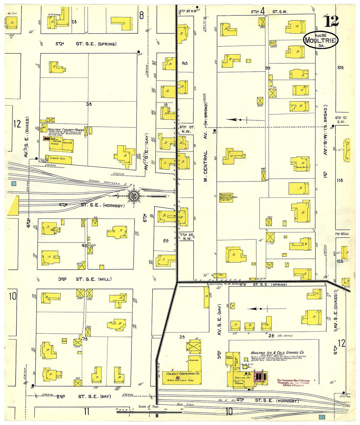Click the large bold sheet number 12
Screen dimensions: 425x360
click(331, 22)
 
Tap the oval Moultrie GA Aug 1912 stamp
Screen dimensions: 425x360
click(320, 40)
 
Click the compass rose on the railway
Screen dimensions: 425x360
click(133, 196)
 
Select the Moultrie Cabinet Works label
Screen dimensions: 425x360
click(66, 130)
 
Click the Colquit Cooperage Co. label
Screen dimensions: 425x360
click(183, 373)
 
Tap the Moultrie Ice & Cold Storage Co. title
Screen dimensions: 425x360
click(277, 353)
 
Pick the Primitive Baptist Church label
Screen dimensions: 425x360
click(228, 197)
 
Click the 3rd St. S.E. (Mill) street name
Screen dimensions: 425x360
click(85, 279)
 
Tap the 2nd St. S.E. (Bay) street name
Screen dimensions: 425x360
click(83, 396)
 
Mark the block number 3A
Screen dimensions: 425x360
click(89, 104)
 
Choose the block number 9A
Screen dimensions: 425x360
click(268, 68)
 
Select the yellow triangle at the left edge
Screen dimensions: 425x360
click(14, 206)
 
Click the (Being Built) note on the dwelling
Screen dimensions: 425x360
click(302, 168)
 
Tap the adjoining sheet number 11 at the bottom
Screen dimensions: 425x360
click(86, 411)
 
